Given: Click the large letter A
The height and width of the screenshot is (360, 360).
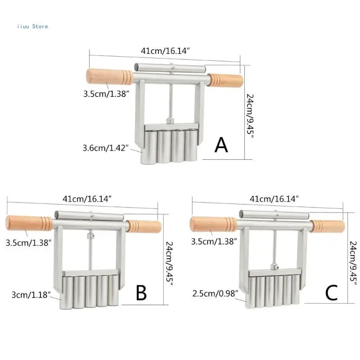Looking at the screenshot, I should click(221, 145).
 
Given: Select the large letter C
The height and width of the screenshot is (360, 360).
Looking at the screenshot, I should click(332, 293).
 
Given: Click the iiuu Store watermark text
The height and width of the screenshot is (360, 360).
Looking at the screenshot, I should click(32, 26).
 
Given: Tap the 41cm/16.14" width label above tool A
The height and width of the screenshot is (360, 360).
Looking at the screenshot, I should click(165, 51).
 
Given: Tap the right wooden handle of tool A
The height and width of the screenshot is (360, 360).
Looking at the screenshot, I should click(227, 81).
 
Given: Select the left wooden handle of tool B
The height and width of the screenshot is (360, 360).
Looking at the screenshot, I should click(29, 223).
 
